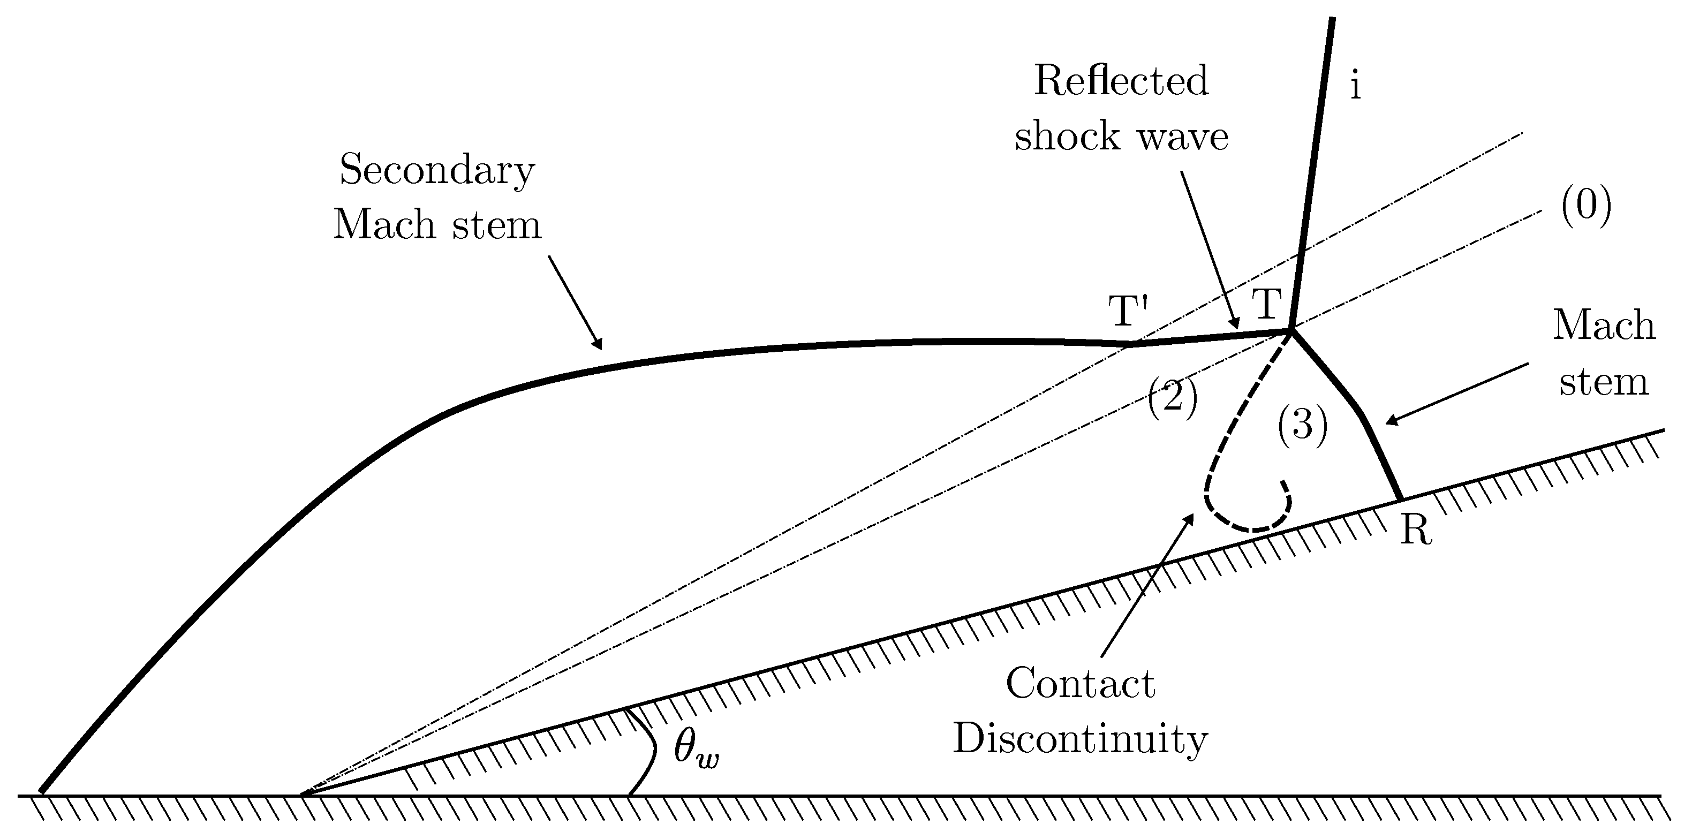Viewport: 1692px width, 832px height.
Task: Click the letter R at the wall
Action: pos(1416,531)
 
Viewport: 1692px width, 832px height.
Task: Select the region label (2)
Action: pos(1173,398)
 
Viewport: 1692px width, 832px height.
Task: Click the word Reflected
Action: pos(1121,81)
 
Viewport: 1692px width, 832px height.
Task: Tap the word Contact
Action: pos(1080,684)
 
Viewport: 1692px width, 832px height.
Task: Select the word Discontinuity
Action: pos(1080,738)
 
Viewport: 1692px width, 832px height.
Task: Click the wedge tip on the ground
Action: pos(302,795)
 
